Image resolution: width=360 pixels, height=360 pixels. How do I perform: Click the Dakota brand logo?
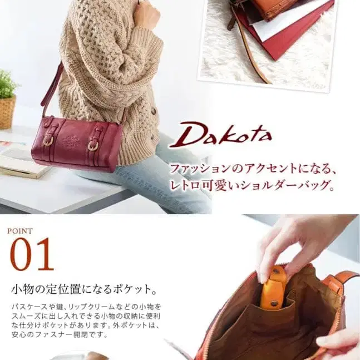point(220,135)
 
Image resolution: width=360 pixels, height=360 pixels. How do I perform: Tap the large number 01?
point(32,254)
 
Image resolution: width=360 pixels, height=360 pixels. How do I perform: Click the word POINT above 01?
point(20,231)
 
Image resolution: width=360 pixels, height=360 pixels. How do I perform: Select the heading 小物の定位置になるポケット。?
point(84,290)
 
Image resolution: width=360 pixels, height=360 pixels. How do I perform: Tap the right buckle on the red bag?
point(93,146)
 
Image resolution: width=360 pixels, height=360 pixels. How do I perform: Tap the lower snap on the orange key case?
point(274,303)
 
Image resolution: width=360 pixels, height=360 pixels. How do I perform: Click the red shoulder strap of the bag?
point(51,87)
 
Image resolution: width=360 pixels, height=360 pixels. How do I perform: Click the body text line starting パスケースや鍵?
point(86,307)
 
